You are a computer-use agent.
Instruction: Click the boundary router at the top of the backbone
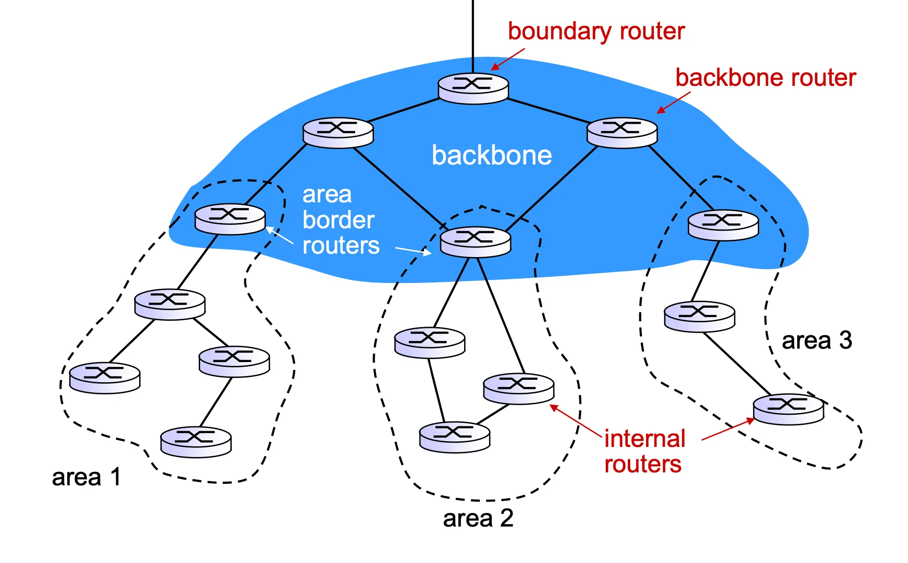tap(473, 88)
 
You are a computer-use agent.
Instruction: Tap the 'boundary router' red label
tap(596, 32)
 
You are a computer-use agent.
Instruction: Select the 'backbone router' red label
tap(765, 78)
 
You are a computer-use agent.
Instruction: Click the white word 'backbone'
tap(491, 155)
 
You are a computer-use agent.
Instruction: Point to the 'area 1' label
tap(86, 477)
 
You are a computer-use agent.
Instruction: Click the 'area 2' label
tap(478, 518)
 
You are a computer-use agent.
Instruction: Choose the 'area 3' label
tap(817, 340)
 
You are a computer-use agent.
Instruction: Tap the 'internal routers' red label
tap(644, 451)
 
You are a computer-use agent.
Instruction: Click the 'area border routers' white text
tap(340, 220)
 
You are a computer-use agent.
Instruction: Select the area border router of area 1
tap(230, 219)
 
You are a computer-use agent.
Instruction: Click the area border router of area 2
tap(475, 242)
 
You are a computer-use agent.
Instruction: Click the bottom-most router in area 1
tap(196, 442)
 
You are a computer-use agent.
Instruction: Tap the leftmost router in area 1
tap(105, 378)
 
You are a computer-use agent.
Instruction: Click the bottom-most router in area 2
tap(454, 437)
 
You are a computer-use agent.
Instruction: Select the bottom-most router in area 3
tap(788, 409)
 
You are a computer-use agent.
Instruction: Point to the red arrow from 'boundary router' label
tap(508, 59)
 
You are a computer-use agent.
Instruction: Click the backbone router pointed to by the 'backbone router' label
tap(622, 133)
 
